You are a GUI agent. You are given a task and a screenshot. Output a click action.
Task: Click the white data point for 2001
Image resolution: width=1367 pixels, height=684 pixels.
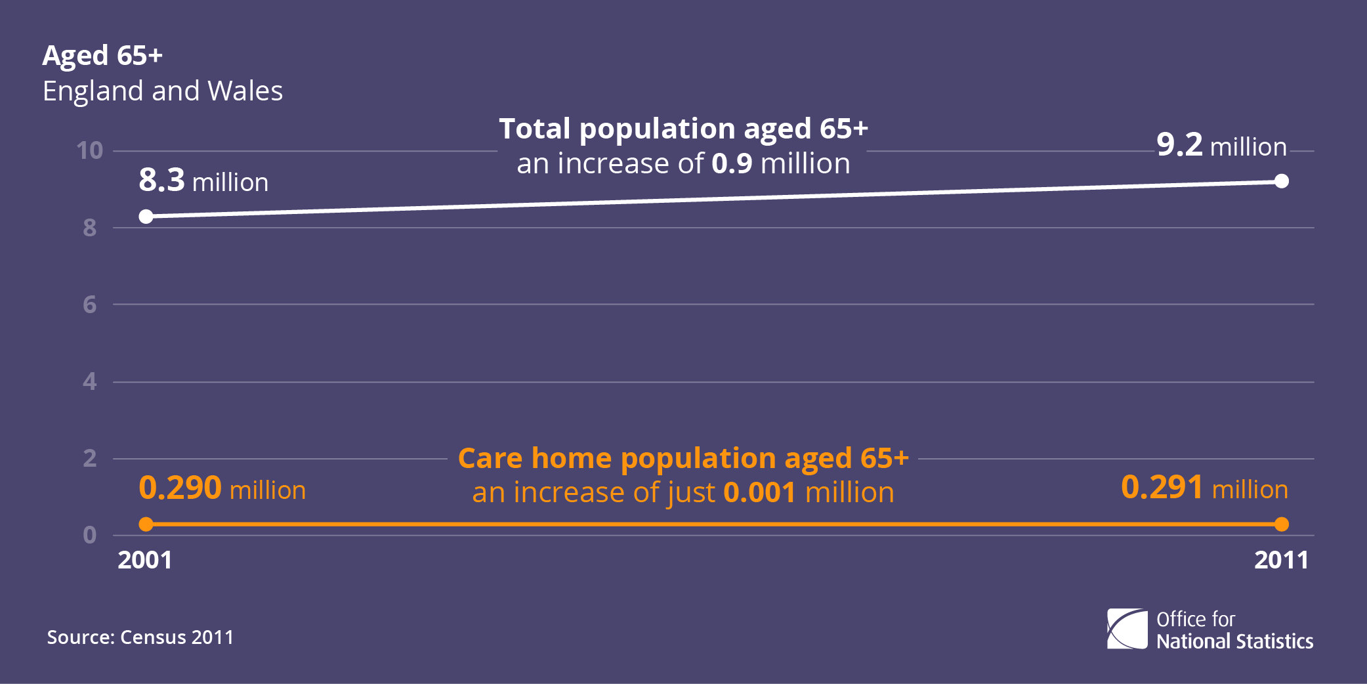point(146,217)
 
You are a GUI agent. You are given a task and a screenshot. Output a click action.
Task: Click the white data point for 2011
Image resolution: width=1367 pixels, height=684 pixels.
point(1282,181)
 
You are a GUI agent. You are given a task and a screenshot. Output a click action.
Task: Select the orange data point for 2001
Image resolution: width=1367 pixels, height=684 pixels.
point(146,524)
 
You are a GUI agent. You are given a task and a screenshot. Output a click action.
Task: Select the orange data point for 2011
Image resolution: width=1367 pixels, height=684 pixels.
point(1282,524)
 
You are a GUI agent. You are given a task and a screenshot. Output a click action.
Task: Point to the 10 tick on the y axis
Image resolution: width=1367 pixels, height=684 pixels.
point(90,151)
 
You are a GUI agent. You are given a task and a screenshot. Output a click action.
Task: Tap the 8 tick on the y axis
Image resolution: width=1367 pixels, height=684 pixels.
point(90,228)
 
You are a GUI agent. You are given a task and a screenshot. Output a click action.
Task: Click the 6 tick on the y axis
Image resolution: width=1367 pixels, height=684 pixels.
point(90,305)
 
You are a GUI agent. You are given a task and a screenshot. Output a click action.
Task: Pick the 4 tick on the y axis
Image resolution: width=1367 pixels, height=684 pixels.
point(90,381)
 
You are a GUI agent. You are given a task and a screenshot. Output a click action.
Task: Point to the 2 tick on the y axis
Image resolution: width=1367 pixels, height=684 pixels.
point(90,458)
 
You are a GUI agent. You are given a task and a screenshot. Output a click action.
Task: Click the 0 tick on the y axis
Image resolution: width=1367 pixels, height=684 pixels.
point(90,535)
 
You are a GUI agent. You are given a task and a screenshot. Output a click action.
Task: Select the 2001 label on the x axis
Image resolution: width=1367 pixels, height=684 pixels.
point(145,560)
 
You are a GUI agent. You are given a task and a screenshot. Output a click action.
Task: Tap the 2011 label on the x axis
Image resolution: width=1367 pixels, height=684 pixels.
point(1281,560)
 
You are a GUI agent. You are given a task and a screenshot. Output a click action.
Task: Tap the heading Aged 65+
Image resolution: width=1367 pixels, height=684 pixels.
point(102,56)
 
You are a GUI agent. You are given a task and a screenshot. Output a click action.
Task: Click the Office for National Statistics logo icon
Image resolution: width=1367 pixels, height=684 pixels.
point(1127,629)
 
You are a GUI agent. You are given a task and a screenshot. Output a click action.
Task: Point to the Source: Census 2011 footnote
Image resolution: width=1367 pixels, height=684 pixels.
point(140,637)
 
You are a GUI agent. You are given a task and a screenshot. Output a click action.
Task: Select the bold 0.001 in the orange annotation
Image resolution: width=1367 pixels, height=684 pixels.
point(760,492)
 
